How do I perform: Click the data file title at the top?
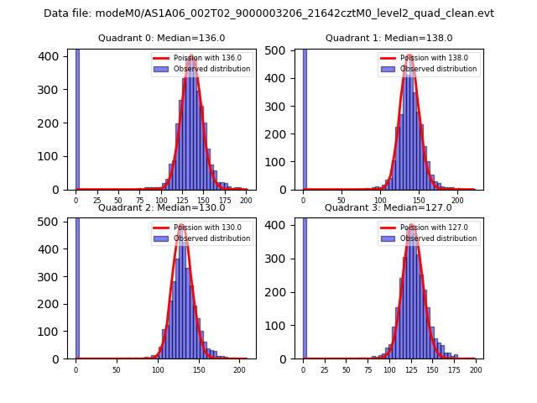coord(268,13)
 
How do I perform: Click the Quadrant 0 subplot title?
coord(161,38)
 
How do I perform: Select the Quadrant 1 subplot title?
coord(388,38)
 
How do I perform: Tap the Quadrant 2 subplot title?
coord(161,207)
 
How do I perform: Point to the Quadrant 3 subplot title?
coord(388,207)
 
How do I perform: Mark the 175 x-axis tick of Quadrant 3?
coord(454,369)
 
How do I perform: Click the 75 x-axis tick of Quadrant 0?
coord(139,201)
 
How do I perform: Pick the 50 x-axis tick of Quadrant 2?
coord(117,369)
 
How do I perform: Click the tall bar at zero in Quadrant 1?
coord(304,118)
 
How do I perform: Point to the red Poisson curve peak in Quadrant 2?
coord(181,225)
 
